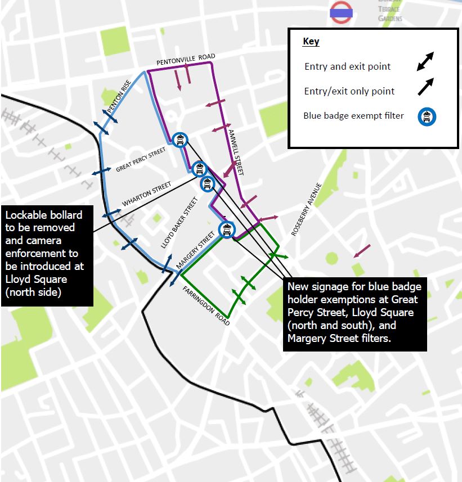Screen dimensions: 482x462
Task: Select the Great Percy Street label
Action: coord(141,160)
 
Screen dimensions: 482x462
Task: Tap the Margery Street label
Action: coord(196,249)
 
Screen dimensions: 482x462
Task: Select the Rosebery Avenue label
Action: coord(306,208)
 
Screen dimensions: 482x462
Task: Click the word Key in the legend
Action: coord(311,42)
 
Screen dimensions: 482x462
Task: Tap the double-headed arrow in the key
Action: coord(425,62)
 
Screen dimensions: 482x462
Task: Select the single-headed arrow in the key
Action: coord(425,87)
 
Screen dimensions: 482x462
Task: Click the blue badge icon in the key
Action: coord(427,116)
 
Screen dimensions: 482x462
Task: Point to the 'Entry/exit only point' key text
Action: coord(349,91)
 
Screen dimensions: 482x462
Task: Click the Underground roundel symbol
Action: coord(341,12)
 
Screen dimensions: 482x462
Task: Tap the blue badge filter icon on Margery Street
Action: coord(226,229)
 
